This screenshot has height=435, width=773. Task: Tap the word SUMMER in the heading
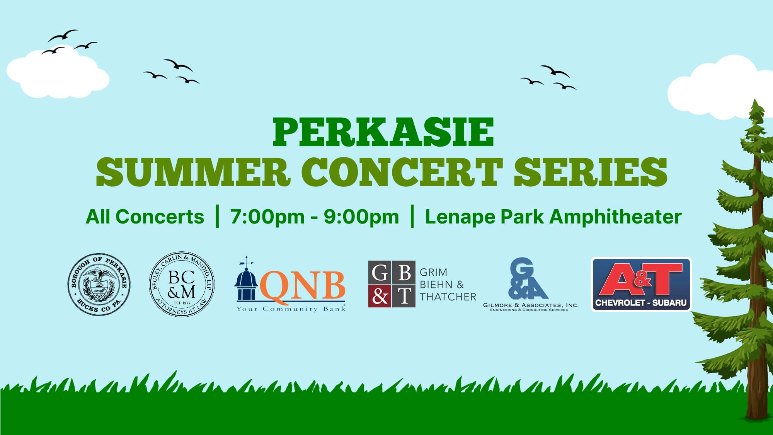coord(193,172)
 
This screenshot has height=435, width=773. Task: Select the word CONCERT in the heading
coord(402,172)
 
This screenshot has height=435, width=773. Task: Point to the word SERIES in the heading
coord(590,172)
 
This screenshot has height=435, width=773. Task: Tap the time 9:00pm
coord(361,217)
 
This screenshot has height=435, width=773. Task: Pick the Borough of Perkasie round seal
coord(99,285)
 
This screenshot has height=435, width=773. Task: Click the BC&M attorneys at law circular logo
coord(182,285)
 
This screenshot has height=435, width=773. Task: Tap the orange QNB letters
coord(303,285)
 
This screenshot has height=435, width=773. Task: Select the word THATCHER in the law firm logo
coord(448,297)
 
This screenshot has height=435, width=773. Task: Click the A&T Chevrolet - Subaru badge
coord(641,284)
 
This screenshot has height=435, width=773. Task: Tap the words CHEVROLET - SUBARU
coord(641,303)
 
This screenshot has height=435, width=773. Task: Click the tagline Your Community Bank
coord(291,309)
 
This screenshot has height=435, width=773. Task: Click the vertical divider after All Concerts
coord(217,217)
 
